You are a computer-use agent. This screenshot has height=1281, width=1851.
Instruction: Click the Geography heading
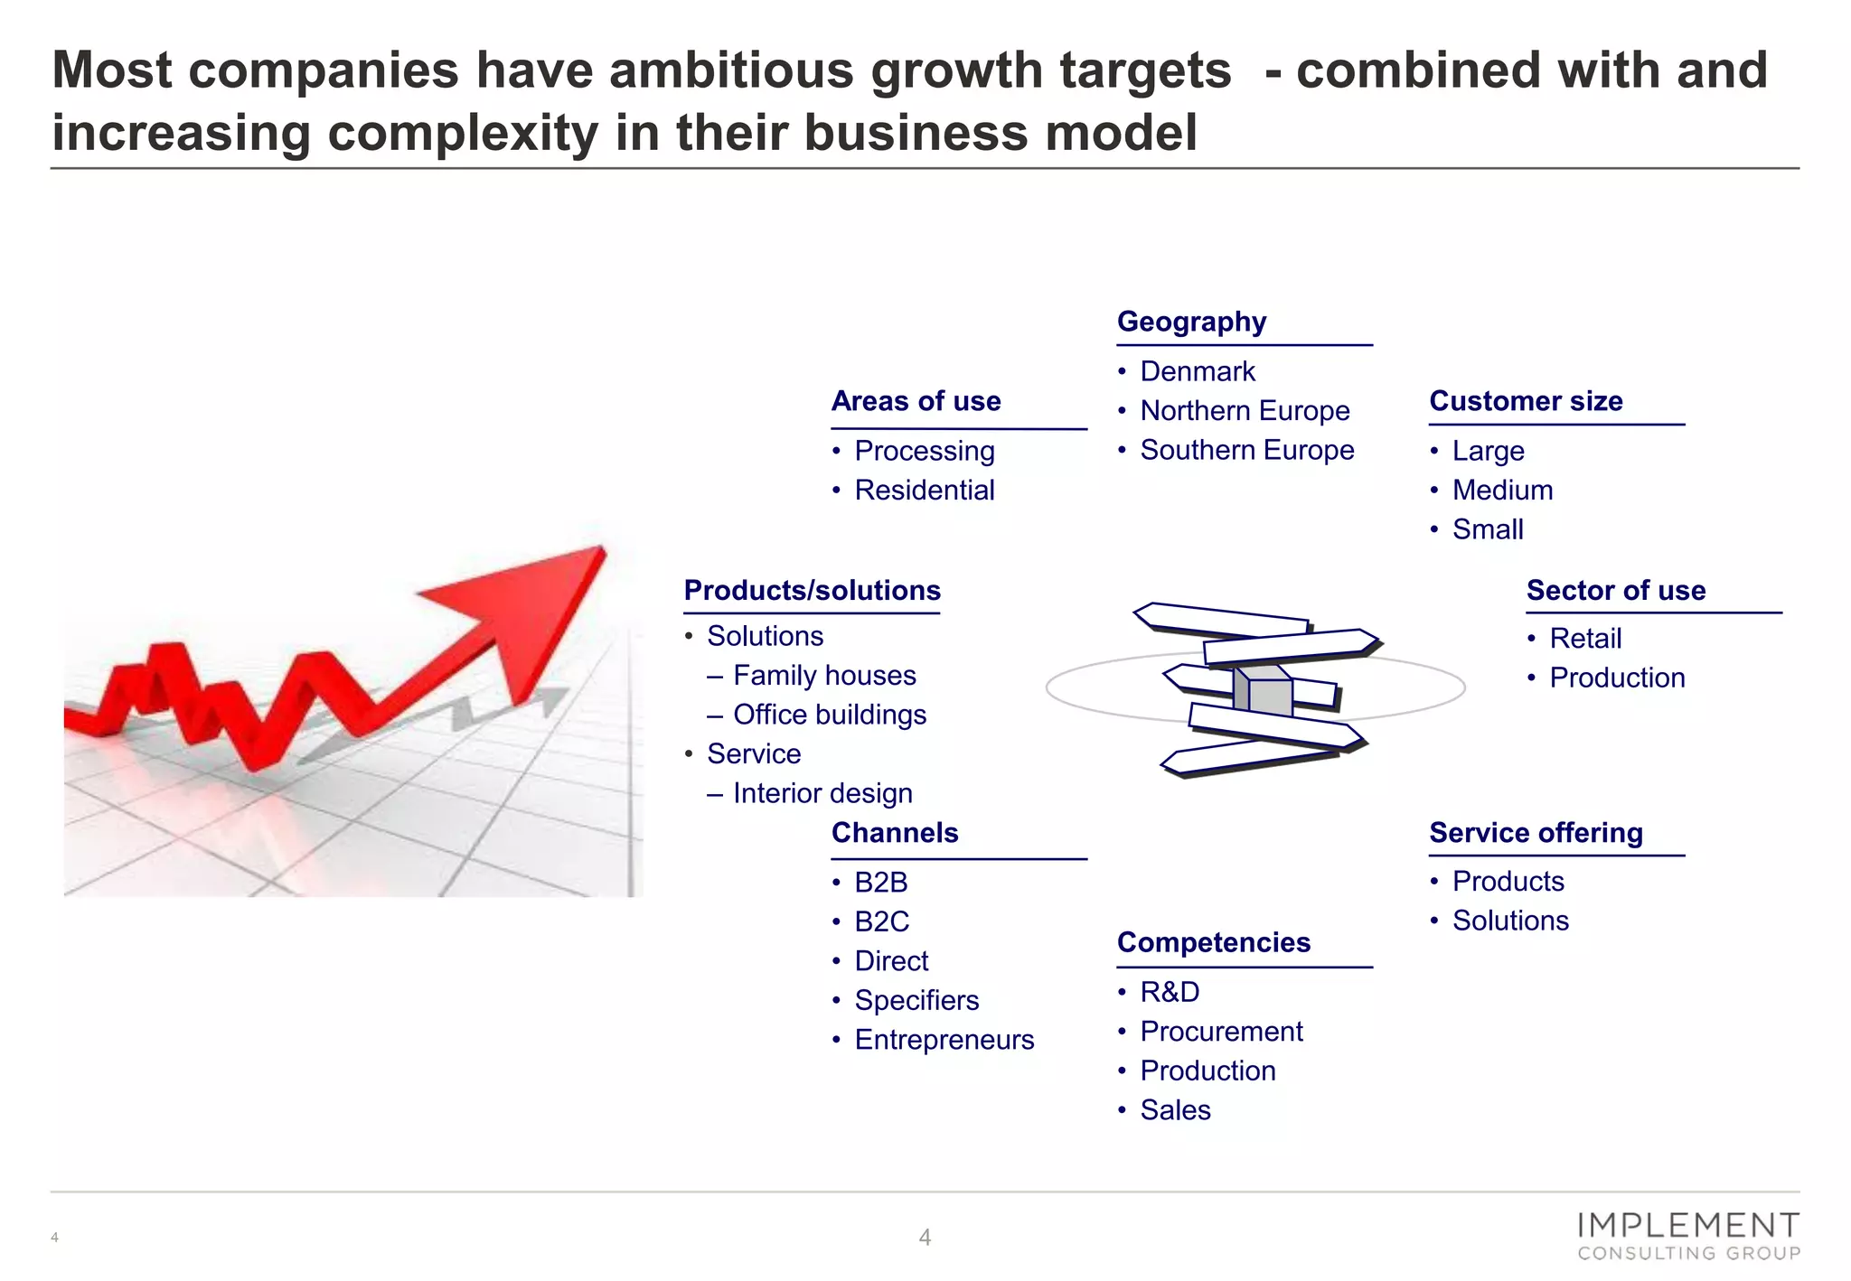(x=1191, y=322)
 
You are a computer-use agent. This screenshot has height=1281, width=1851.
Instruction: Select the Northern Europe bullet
(x=1245, y=411)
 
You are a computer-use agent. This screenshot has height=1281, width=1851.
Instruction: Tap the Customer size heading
(x=1526, y=401)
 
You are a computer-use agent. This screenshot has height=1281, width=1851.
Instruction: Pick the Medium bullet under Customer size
(x=1502, y=491)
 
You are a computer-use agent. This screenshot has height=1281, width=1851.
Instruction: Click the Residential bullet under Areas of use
(x=924, y=491)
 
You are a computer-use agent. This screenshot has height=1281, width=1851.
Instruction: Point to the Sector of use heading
(x=1616, y=591)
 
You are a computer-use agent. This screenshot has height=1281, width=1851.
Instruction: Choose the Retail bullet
(x=1585, y=639)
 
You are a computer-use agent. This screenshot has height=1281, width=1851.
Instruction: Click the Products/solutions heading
(x=812, y=591)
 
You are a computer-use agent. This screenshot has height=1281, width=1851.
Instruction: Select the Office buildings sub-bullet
(x=829, y=715)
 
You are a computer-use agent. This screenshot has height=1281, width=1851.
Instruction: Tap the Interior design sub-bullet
(x=822, y=793)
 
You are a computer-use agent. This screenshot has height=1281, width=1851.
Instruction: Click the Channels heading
(x=895, y=833)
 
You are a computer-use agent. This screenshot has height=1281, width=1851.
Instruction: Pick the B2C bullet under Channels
(x=881, y=921)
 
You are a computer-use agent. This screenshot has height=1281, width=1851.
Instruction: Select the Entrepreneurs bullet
(x=944, y=1040)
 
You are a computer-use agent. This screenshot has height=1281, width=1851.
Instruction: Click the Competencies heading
(x=1213, y=942)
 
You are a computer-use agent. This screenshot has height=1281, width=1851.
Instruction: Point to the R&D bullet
(x=1170, y=992)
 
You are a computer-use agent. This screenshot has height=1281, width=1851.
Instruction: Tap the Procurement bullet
(x=1221, y=1032)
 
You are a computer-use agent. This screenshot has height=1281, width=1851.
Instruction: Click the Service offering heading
(x=1536, y=833)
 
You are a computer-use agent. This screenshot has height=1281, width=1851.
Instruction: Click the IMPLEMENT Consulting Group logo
(x=1688, y=1237)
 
